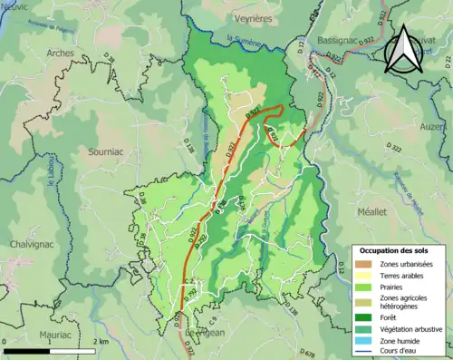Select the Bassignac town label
tap(338, 42)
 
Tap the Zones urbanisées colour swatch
tap(363, 263)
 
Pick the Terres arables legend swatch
tap(363, 275)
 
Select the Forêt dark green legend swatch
tap(363, 317)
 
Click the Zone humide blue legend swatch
tap(363, 341)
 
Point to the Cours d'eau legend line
tap(363, 353)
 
